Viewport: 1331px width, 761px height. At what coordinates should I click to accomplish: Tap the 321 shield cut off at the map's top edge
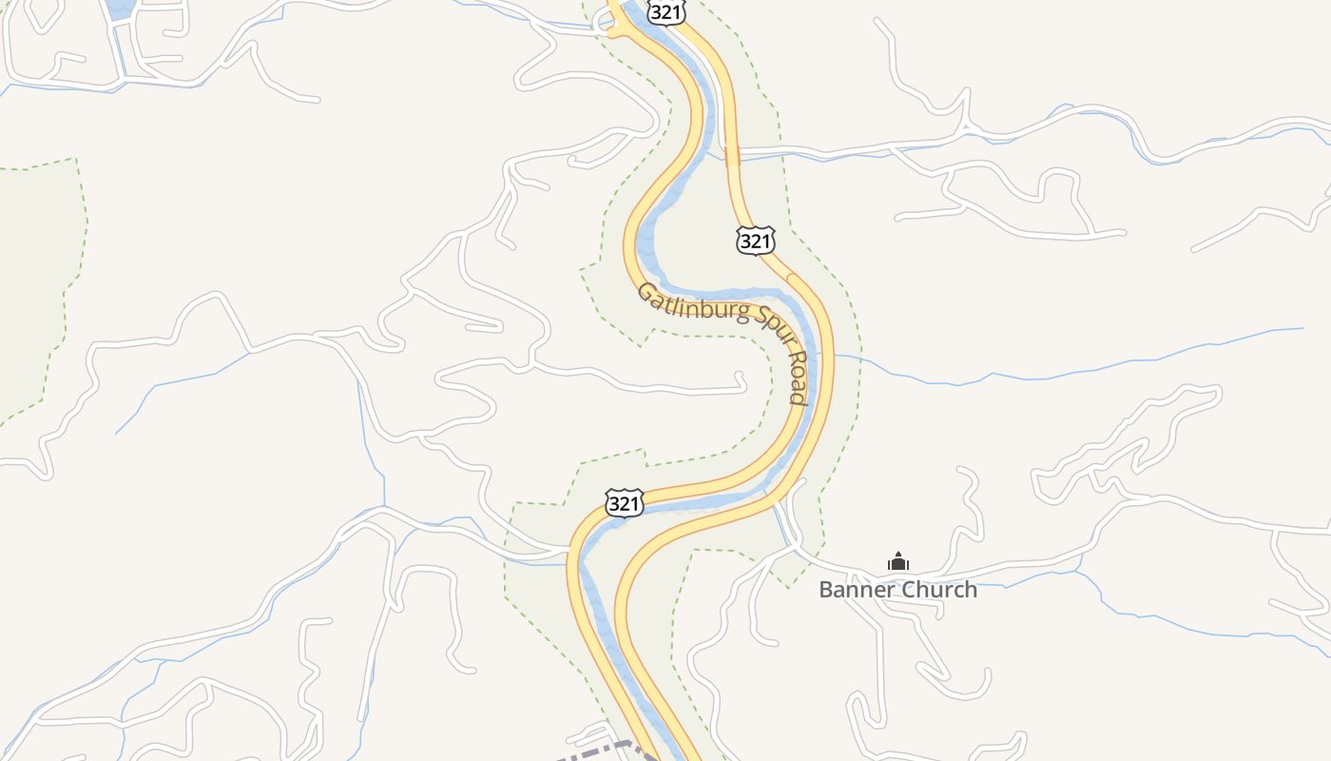click(x=666, y=12)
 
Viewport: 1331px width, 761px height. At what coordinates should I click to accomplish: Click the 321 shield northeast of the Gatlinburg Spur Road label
click(x=755, y=241)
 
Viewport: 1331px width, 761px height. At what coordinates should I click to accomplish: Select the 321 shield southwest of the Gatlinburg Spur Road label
click(x=624, y=503)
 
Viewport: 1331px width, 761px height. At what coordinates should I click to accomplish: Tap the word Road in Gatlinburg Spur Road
click(x=799, y=382)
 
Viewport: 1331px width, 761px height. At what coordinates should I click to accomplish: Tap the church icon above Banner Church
click(x=897, y=562)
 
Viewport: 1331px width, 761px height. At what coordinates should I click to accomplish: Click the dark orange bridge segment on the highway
click(x=732, y=156)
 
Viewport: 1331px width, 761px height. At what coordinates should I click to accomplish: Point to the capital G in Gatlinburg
click(x=646, y=290)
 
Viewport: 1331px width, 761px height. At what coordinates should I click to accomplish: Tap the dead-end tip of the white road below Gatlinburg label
click(x=743, y=380)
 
